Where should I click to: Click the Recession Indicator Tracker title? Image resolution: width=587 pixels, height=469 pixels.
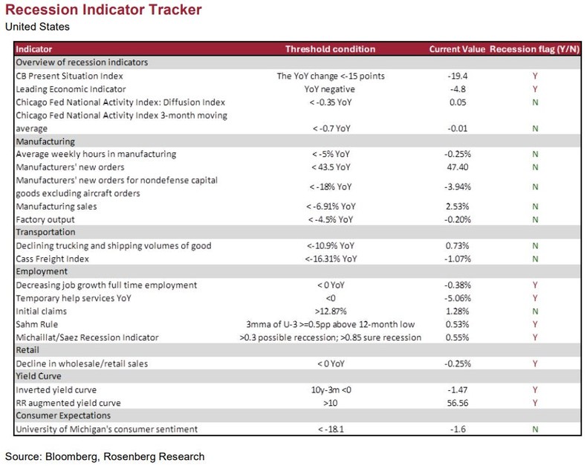point(103,12)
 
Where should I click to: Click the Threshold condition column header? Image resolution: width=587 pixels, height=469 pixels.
point(331,49)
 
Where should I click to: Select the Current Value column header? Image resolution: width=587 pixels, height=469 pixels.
point(456,49)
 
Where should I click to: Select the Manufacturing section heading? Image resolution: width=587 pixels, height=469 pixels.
point(46,140)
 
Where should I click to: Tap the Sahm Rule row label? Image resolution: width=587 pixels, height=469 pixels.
point(38,325)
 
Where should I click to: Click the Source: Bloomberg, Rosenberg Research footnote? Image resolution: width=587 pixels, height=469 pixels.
point(104,456)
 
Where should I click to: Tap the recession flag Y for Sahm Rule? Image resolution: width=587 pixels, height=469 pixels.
point(535,325)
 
